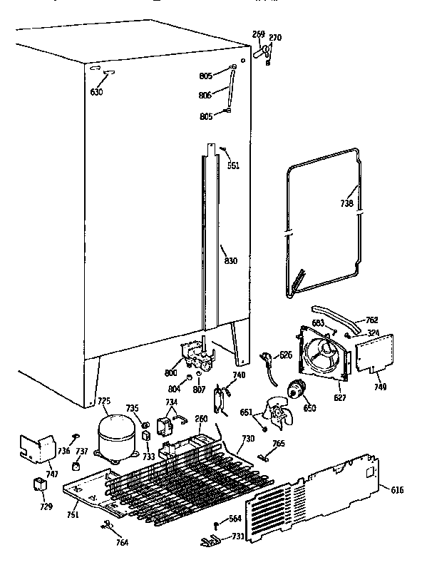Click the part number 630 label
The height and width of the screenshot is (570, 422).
pos(96,92)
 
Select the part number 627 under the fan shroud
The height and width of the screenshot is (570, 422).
pos(341,397)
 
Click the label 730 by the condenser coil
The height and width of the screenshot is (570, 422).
pos(247,439)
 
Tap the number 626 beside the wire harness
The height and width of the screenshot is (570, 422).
pos(285,355)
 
